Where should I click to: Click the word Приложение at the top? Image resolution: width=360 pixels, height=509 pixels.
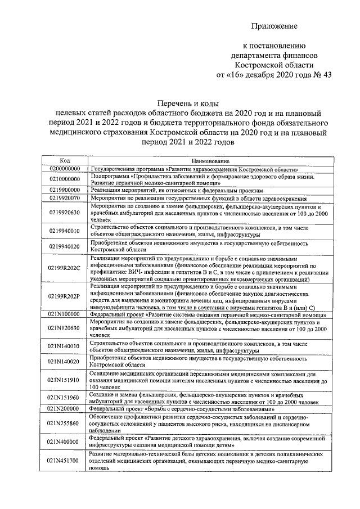pyautogui.click(x=274, y=26)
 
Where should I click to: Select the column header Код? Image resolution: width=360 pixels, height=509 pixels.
pyautogui.click(x=65, y=160)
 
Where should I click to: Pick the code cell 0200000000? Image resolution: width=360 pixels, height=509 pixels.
pyautogui.click(x=65, y=168)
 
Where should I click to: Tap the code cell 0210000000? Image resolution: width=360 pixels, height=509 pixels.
pyautogui.click(x=65, y=178)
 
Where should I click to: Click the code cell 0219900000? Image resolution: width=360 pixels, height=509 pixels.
pyautogui.click(x=65, y=190)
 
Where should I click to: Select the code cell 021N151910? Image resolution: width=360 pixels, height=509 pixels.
pyautogui.click(x=65, y=380)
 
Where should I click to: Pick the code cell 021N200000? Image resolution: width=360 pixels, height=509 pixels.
pyautogui.click(x=65, y=409)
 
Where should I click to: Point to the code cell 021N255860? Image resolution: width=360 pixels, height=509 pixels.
pyautogui.click(x=65, y=423)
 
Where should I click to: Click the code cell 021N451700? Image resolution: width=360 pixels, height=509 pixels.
pyautogui.click(x=65, y=460)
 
